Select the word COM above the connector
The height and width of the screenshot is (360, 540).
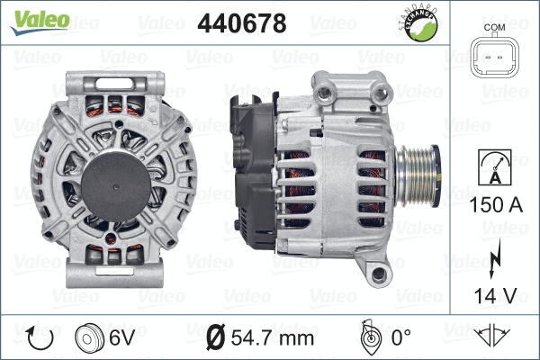(494, 28)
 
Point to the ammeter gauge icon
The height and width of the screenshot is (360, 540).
(494, 168)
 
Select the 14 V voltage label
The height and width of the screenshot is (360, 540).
(494, 294)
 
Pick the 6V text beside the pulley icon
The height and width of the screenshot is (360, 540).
(122, 338)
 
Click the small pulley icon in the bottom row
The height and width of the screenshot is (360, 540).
(89, 337)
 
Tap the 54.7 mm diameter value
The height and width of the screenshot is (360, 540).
(273, 338)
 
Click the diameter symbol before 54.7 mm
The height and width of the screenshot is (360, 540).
(216, 338)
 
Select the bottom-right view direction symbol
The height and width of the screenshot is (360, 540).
(494, 337)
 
